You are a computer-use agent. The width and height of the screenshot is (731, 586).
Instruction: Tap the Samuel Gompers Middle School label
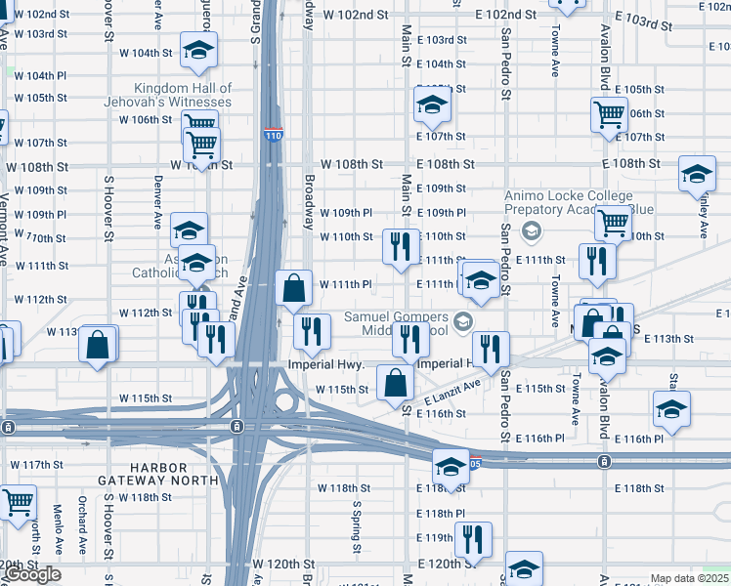tap(396, 324)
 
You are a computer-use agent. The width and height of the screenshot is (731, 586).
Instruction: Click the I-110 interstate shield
tap(273, 136)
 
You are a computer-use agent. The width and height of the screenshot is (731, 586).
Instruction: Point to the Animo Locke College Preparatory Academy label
tap(568, 202)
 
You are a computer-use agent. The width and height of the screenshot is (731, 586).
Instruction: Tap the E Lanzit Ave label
tap(453, 392)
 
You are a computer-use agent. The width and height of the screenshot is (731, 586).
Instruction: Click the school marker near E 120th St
tap(524, 568)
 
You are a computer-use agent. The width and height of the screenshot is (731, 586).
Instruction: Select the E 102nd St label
tap(505, 15)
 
